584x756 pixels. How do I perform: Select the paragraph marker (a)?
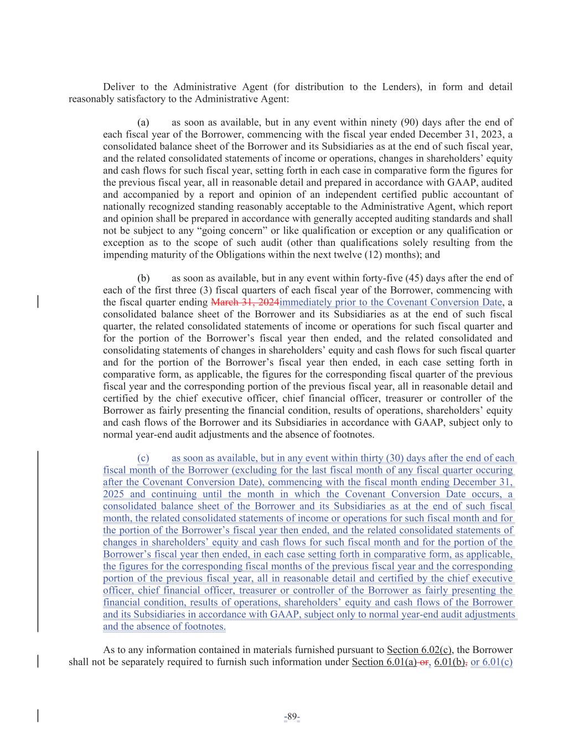pos(143,122)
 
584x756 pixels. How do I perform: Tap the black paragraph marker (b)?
pos(143,278)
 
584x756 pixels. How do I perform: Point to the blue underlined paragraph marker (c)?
pos(143,459)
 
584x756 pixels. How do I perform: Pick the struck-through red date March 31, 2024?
pos(245,302)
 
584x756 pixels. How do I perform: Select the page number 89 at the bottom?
pos(292,718)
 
